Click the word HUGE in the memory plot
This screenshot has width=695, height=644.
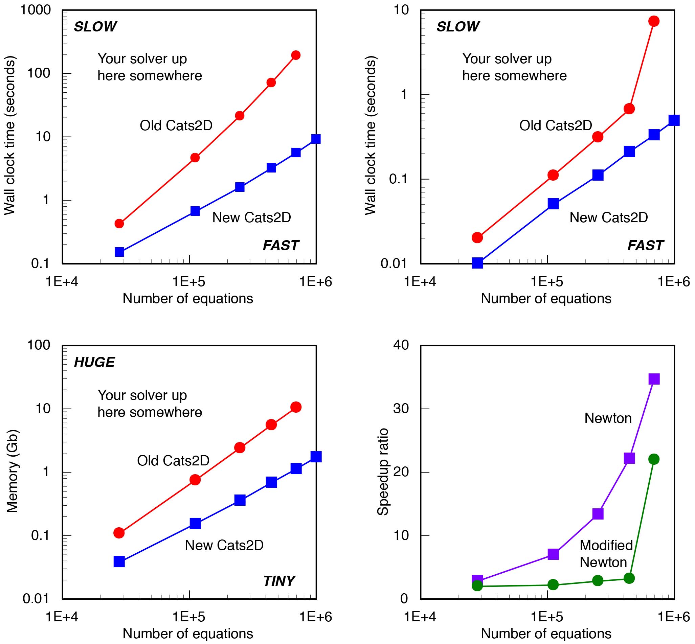click(x=94, y=363)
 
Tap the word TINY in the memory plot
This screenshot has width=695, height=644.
click(x=279, y=581)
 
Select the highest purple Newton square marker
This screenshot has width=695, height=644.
click(x=654, y=379)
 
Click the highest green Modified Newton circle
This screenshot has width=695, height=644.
click(x=654, y=459)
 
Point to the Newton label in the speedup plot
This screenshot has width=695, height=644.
click(x=608, y=418)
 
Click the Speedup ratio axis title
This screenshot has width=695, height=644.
click(x=383, y=472)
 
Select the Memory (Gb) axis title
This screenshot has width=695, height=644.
click(x=12, y=471)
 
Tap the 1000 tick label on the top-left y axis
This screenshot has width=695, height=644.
click(x=35, y=10)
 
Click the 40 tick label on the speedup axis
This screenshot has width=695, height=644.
click(x=401, y=345)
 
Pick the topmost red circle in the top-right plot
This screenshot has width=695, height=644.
click(x=654, y=21)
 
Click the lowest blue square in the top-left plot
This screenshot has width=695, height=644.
click(x=119, y=252)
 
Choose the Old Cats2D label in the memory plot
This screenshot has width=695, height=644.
click(x=173, y=461)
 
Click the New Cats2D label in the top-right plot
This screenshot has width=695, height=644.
click(x=609, y=217)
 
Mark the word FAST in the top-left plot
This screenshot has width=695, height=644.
click(x=281, y=246)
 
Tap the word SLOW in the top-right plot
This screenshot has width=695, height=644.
click(x=458, y=27)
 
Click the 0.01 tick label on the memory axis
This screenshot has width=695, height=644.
click(x=36, y=599)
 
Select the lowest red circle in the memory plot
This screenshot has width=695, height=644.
click(x=119, y=533)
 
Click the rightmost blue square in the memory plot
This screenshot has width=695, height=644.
click(x=316, y=457)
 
